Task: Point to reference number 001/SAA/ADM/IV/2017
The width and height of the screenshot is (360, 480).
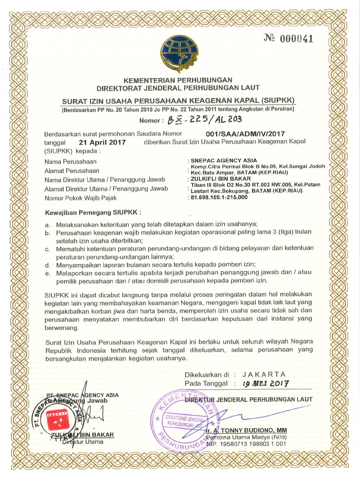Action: coord(248,134)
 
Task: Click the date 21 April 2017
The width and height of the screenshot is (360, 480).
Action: coord(102,142)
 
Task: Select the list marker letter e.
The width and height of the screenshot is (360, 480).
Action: coord(47,273)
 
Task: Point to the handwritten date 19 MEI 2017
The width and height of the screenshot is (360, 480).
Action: coord(265,383)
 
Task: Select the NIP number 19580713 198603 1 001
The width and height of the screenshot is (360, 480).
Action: coord(246,443)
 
